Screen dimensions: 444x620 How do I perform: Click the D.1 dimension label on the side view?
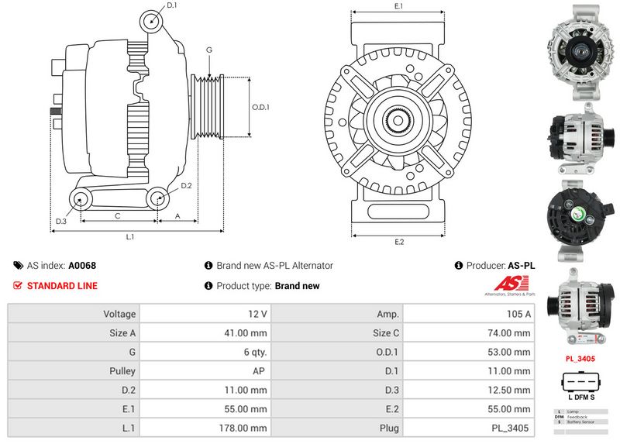[x=171, y=6]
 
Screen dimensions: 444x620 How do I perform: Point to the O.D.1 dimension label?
[x=260, y=108]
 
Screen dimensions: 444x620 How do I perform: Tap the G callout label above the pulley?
[x=208, y=50]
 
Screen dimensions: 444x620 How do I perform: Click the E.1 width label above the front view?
[x=399, y=6]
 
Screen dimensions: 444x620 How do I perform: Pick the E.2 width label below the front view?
[x=399, y=242]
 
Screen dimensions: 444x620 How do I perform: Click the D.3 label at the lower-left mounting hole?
[x=60, y=222]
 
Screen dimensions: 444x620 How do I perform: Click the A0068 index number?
[x=82, y=266]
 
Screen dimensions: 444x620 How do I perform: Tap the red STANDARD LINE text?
[x=62, y=286]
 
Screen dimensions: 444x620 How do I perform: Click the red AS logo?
[x=510, y=285]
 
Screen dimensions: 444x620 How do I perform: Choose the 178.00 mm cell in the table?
[x=244, y=428]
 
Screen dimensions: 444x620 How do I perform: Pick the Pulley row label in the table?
[x=122, y=371]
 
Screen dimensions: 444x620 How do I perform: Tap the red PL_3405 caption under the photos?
[x=580, y=360]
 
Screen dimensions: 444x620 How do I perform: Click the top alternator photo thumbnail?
[x=579, y=53]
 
